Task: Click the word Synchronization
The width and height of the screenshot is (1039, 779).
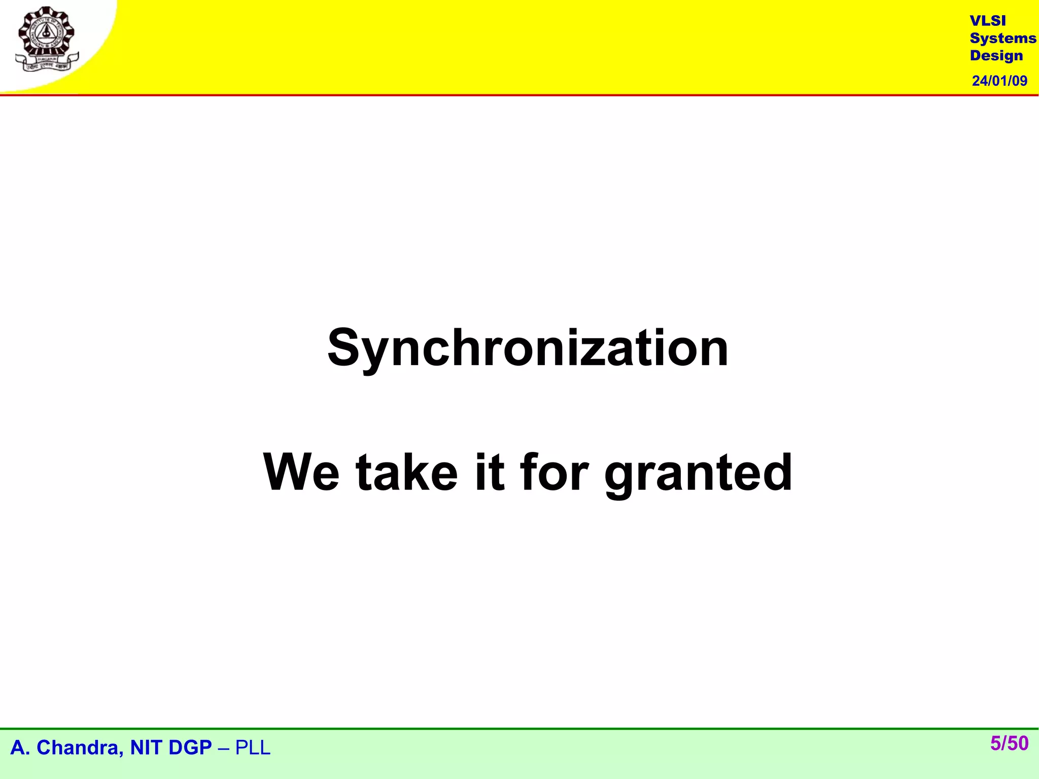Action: [528, 349]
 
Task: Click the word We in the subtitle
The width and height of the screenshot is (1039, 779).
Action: [301, 473]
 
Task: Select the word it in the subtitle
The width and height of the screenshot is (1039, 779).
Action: [490, 473]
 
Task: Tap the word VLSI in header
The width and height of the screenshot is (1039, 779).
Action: [987, 21]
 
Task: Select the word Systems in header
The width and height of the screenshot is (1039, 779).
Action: [1002, 39]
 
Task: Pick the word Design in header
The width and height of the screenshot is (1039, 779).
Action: [996, 56]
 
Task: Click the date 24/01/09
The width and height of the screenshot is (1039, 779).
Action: [999, 81]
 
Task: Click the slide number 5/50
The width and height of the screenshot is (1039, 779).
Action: [1009, 743]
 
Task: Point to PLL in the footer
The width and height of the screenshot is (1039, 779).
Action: [253, 748]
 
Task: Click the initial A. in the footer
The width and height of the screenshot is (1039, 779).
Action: [20, 748]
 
